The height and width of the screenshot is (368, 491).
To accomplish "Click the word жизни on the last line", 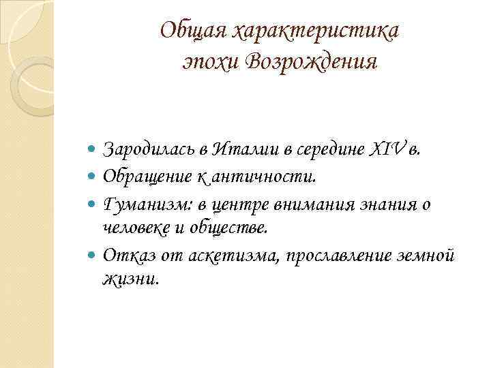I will (x=129, y=279).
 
